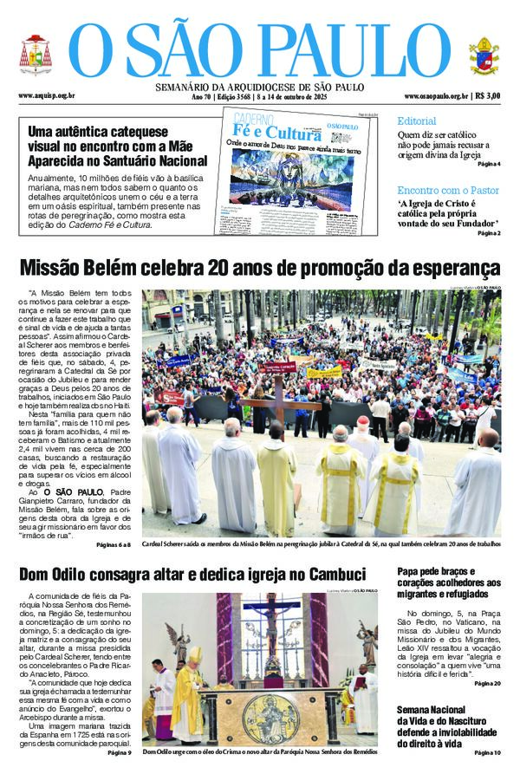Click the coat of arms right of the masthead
pos(484,56)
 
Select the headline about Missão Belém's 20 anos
pos(260,266)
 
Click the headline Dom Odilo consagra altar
pos(192,574)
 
